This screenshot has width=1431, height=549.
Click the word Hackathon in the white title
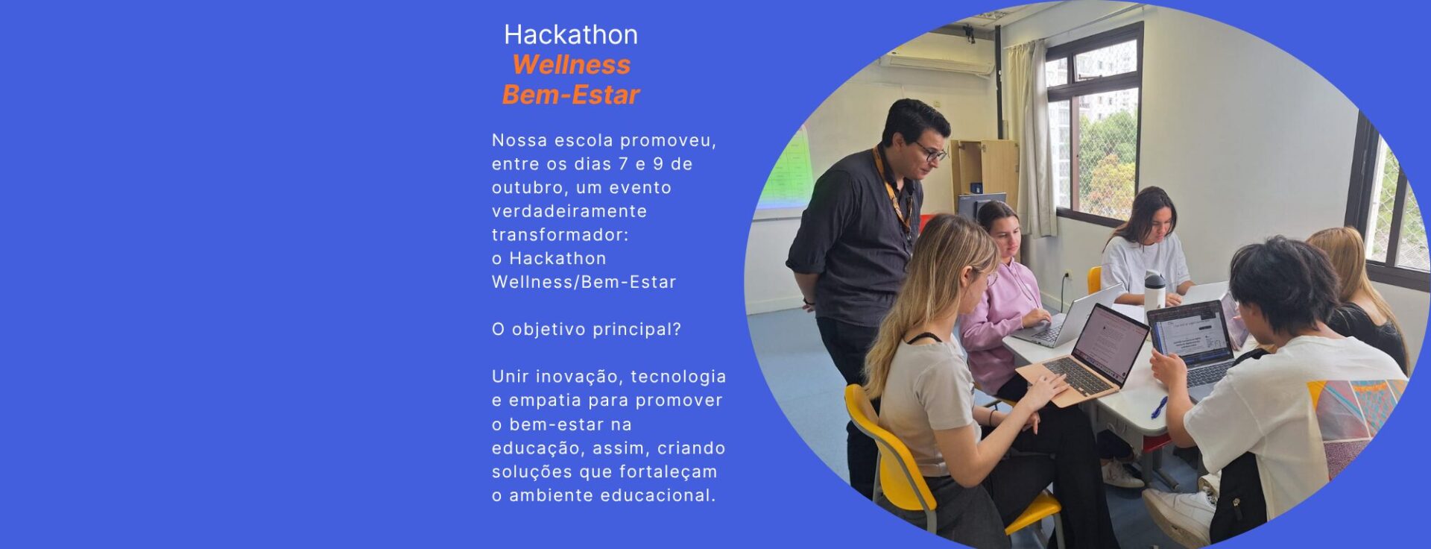click(x=571, y=34)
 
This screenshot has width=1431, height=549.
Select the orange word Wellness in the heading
click(x=571, y=65)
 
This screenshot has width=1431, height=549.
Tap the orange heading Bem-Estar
click(x=571, y=95)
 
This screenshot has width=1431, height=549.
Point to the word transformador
click(x=560, y=235)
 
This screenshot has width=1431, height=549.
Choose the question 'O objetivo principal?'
click(x=587, y=330)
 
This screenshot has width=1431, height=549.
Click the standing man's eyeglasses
click(x=931, y=152)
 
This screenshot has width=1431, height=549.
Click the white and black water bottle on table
click(x=1154, y=290)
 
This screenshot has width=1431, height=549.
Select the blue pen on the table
click(x=1159, y=407)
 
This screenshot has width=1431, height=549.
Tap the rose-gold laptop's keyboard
click(x=1080, y=375)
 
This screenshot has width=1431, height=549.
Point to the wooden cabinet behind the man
click(x=985, y=175)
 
